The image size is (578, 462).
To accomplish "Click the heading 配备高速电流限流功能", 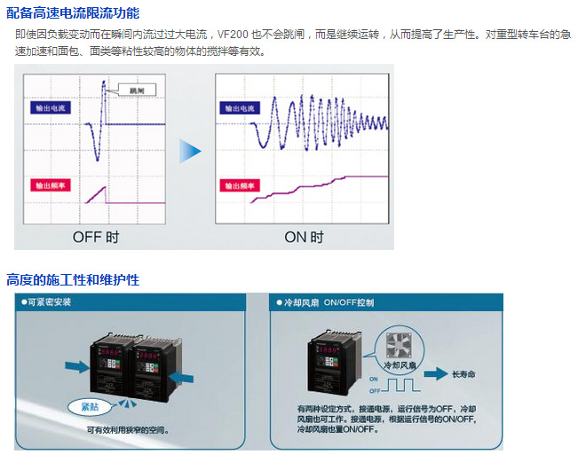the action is (73, 13).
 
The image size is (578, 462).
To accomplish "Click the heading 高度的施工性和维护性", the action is (73, 280).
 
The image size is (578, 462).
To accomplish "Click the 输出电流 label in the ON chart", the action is (239, 108).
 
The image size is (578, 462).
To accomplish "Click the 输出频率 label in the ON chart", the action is (239, 186).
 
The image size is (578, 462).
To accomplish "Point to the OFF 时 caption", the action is (96, 238).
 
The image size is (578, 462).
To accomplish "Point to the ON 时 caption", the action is (304, 238).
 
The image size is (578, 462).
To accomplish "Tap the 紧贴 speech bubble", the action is (90, 406).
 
